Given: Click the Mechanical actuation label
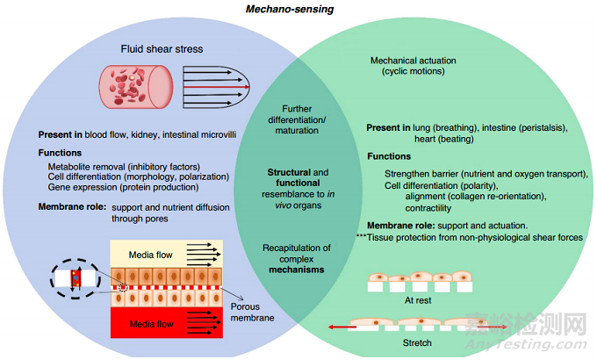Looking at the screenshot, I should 414,61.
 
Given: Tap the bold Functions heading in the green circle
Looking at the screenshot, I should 390,157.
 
